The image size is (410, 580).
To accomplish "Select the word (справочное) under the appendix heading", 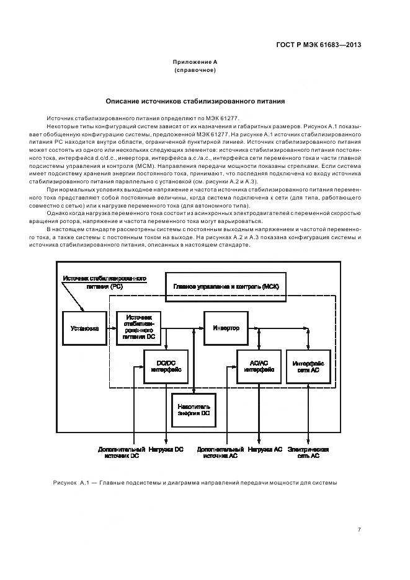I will pyautogui.click(x=195, y=71).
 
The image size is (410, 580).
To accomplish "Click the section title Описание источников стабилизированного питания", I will pyautogui.click(x=195, y=100).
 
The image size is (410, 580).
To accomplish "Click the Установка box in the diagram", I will pyautogui.click(x=85, y=328).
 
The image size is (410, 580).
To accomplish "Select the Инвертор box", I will pyautogui.click(x=226, y=328).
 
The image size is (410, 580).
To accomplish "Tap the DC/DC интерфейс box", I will pyautogui.click(x=166, y=366).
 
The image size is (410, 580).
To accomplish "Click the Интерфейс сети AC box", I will pyautogui.click(x=306, y=366).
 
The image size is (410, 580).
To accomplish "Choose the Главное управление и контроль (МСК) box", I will pyautogui.click(x=226, y=286).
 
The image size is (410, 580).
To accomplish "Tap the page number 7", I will pyautogui.click(x=359, y=529).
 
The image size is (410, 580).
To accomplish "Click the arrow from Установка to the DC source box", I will pyautogui.click(x=111, y=328).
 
